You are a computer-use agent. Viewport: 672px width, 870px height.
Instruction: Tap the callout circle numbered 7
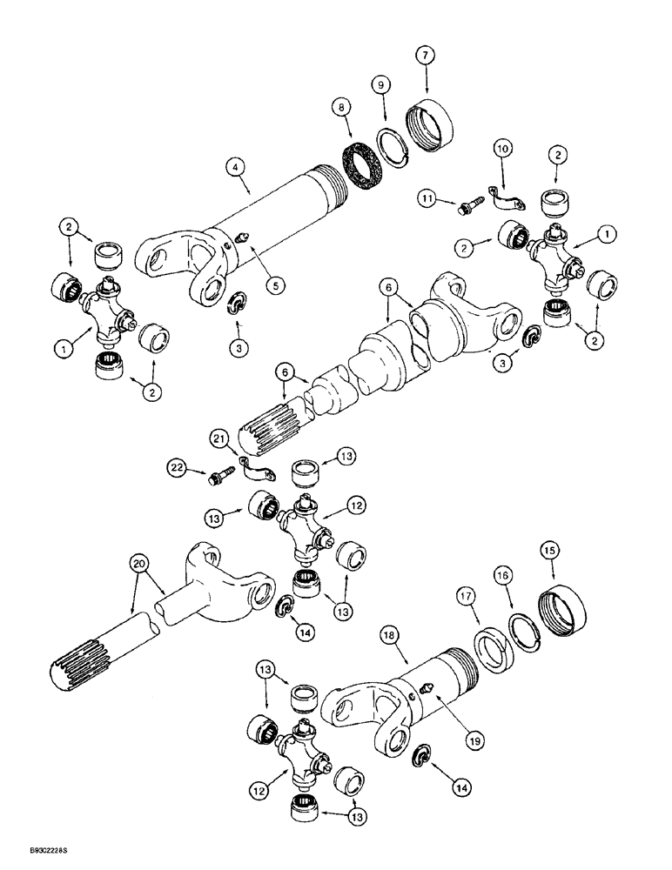426,57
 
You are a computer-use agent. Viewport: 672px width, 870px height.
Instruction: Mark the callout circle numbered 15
552,552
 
